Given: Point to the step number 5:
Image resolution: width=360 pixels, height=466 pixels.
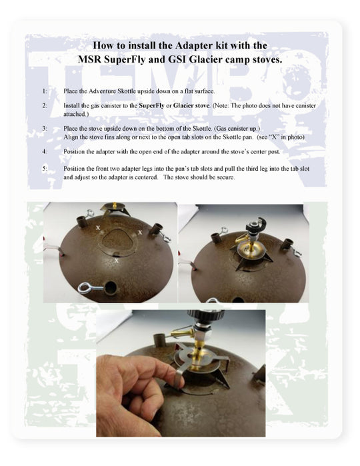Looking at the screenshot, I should click(x=44, y=169).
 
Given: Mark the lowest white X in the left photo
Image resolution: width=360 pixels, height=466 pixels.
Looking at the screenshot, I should click(x=117, y=261).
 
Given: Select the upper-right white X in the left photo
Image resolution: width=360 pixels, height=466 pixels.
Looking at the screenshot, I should click(x=139, y=232).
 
